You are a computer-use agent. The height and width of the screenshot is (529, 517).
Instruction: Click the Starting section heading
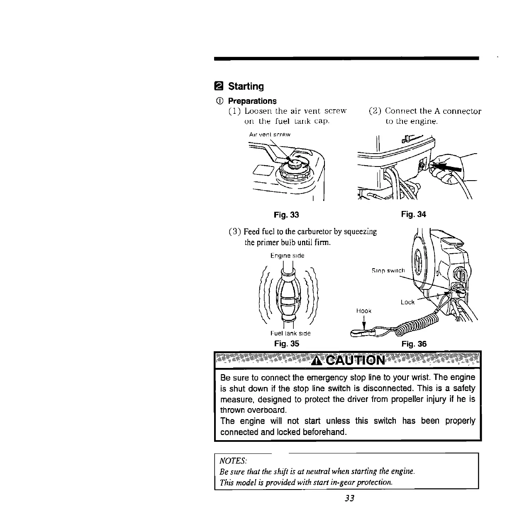click(x=246, y=86)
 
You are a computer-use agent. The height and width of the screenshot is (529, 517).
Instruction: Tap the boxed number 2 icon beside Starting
click(x=219, y=86)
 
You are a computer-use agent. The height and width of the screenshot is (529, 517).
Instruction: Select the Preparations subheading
click(x=252, y=101)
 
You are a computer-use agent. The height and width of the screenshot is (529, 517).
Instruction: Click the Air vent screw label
click(x=269, y=135)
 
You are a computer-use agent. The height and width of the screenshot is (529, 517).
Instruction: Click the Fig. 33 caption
click(x=286, y=215)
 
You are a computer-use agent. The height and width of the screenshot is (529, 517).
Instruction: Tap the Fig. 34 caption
click(x=414, y=214)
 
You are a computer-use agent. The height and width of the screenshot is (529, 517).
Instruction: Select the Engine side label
click(x=287, y=256)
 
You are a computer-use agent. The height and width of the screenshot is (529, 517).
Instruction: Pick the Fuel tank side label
click(x=290, y=333)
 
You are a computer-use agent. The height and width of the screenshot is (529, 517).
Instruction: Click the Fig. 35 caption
click(x=287, y=343)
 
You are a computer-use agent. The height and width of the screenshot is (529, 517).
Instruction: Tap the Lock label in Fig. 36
click(x=407, y=302)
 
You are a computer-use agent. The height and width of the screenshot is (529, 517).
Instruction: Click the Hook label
click(x=364, y=311)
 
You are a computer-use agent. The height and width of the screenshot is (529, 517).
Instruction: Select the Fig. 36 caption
click(x=414, y=343)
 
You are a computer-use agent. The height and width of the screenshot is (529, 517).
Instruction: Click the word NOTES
click(x=233, y=461)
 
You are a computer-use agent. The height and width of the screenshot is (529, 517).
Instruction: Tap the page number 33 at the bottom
click(x=349, y=498)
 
